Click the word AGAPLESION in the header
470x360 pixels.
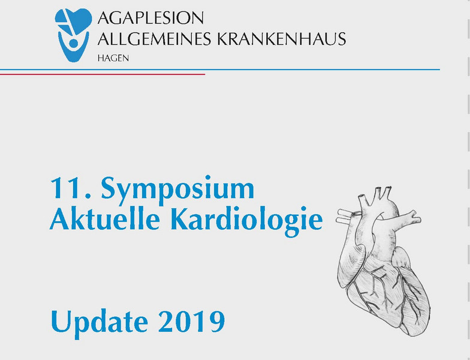click(x=150, y=18)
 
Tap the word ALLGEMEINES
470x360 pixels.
click(x=154, y=38)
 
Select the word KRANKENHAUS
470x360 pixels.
click(x=281, y=38)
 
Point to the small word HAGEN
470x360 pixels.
click(x=113, y=58)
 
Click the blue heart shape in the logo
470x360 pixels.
click(x=73, y=21)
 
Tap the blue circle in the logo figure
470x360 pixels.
click(x=73, y=43)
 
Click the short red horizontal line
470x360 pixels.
click(x=103, y=74)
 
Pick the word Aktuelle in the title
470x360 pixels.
click(x=104, y=218)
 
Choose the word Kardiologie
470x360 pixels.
click(x=247, y=221)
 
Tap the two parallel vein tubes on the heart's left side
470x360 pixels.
click(x=347, y=217)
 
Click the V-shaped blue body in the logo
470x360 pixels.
click(x=73, y=47)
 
